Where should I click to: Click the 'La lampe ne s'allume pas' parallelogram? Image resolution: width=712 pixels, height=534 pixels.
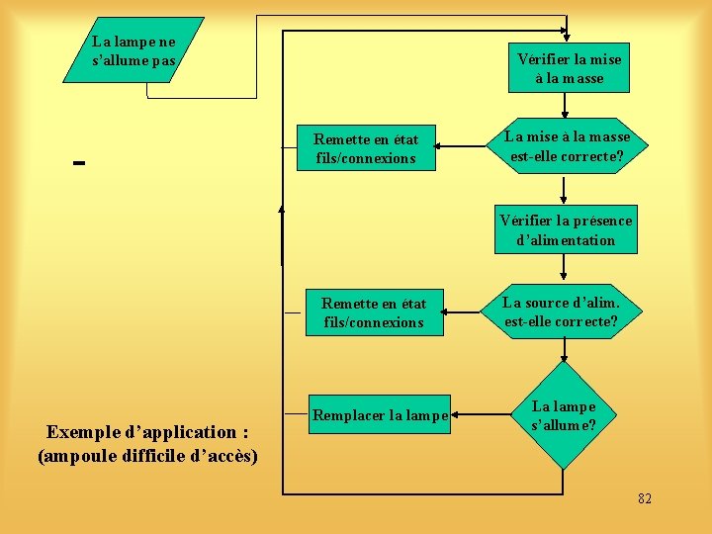[133, 49]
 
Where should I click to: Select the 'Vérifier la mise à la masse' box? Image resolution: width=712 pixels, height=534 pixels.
[569, 68]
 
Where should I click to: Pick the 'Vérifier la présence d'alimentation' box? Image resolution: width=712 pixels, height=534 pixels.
[566, 230]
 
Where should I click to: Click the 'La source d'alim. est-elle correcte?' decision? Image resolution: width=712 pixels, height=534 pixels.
[562, 311]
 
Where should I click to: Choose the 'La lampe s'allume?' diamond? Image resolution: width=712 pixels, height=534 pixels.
[564, 415]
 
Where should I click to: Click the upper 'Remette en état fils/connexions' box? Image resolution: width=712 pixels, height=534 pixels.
[366, 149]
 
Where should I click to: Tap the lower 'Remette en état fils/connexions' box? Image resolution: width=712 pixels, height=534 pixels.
[373, 312]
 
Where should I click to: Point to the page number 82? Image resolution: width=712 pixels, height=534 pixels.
[645, 498]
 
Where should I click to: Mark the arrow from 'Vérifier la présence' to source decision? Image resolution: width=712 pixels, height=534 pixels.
[564, 267]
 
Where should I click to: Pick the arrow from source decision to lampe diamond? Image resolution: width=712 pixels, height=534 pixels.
[564, 350]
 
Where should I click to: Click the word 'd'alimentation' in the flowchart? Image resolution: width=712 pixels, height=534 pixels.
[566, 240]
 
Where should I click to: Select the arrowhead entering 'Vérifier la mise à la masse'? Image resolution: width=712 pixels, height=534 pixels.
[567, 37]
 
